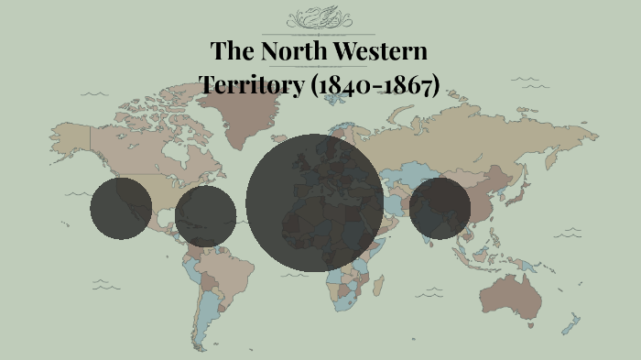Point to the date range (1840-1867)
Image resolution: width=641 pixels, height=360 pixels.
click(x=375, y=85)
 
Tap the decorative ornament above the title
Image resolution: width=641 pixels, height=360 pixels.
click(x=320, y=18)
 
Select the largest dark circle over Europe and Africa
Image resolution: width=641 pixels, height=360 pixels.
click(x=314, y=203)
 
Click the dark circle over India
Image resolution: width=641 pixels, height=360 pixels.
click(x=440, y=208)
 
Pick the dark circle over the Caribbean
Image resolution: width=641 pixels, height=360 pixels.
click(x=205, y=216)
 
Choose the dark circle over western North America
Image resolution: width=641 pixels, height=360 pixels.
click(x=121, y=208)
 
